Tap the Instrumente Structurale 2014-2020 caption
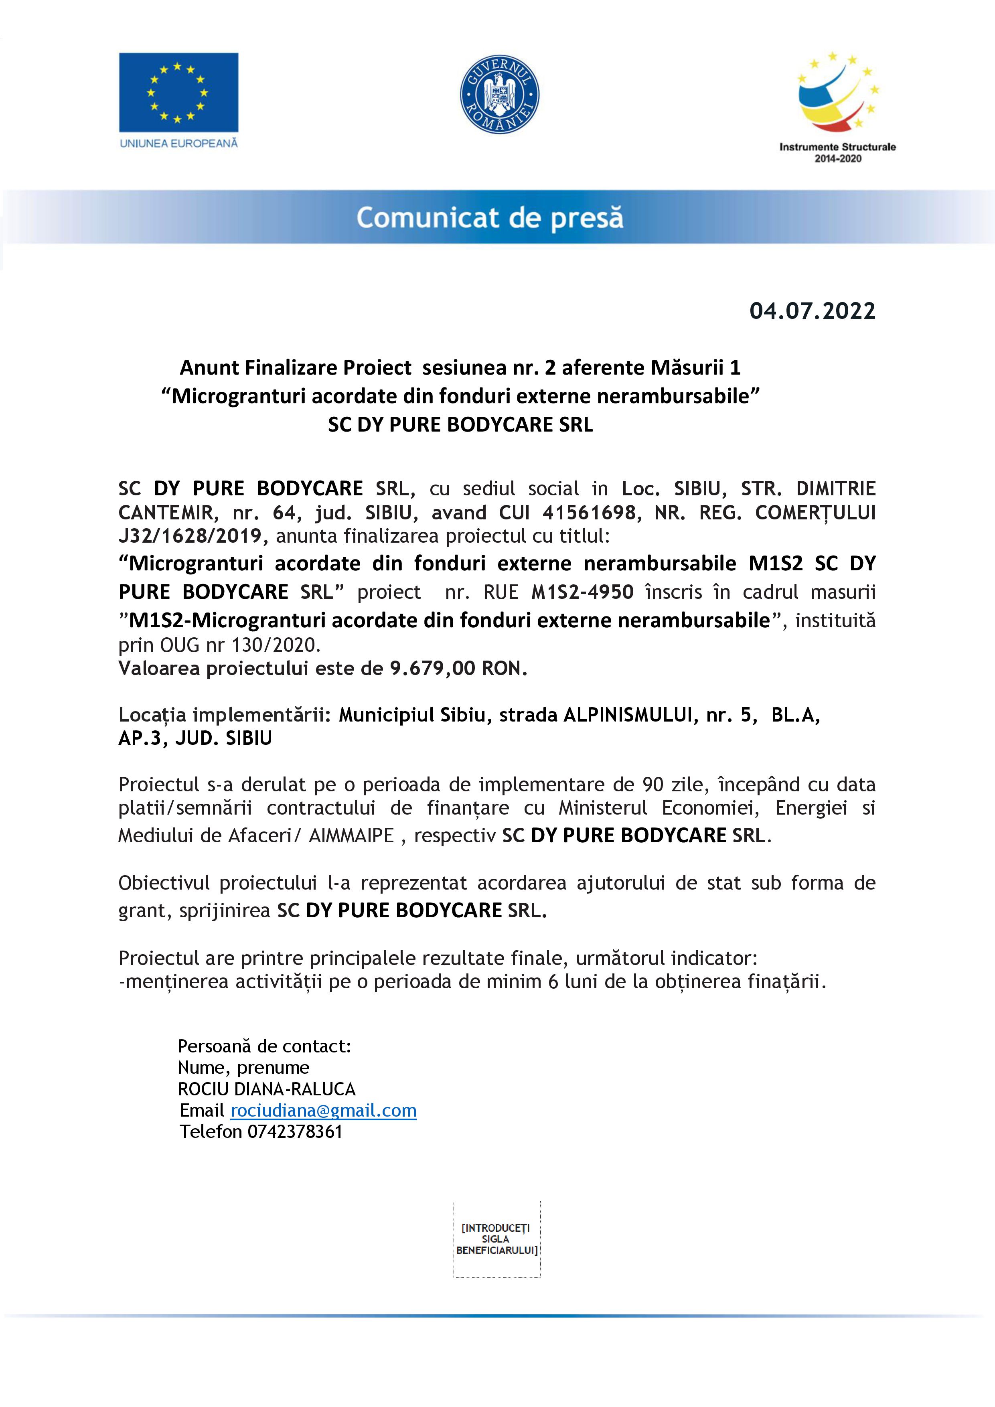click(x=837, y=152)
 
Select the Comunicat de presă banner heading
click(x=490, y=217)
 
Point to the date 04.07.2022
click(x=813, y=311)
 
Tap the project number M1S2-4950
click(x=583, y=592)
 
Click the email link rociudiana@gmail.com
click(x=323, y=1111)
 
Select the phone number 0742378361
click(x=295, y=1131)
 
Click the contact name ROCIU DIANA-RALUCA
click(x=267, y=1089)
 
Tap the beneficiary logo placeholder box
click(x=497, y=1239)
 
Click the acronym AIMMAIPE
click(x=351, y=836)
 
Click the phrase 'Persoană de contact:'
click(x=264, y=1046)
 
